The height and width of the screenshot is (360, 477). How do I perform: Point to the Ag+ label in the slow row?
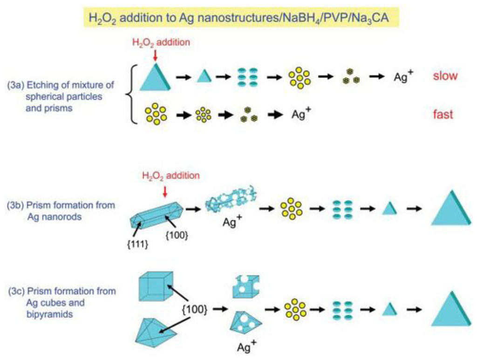403,77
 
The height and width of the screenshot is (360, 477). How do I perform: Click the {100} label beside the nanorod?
177,236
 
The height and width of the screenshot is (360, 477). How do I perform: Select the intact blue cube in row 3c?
155,285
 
